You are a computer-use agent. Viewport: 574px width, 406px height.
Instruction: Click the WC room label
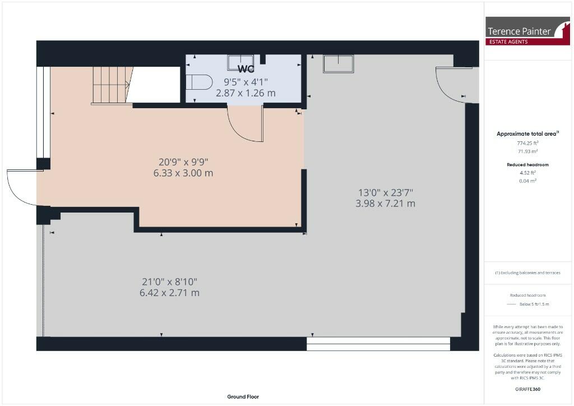(x=246, y=68)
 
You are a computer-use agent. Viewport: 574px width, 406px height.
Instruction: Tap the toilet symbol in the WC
(x=199, y=82)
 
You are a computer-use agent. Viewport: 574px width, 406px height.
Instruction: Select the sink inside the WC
(x=240, y=63)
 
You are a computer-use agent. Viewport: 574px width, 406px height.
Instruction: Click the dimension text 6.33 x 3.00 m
(x=183, y=173)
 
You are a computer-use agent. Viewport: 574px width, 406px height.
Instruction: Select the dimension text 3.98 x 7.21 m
(x=386, y=203)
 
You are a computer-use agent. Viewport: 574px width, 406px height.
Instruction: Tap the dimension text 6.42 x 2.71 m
(x=169, y=293)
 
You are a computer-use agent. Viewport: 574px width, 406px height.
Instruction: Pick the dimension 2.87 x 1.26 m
(x=246, y=93)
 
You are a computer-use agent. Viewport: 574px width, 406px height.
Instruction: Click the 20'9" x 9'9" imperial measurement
(x=183, y=162)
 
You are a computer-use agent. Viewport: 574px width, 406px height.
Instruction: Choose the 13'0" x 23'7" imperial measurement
(x=386, y=192)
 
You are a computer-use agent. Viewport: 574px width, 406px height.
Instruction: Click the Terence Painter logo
(x=527, y=31)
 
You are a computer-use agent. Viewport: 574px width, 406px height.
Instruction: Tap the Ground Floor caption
(x=243, y=396)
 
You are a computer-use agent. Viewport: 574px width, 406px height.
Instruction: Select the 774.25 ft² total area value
(x=527, y=143)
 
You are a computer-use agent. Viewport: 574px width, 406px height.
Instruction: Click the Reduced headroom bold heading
(x=527, y=165)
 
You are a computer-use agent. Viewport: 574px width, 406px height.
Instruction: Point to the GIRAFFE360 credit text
(x=527, y=389)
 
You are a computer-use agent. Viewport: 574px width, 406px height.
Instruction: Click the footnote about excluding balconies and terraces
(x=527, y=273)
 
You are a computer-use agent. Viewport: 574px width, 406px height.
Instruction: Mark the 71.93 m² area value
(x=527, y=151)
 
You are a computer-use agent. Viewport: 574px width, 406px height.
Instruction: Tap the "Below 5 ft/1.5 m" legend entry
(x=534, y=304)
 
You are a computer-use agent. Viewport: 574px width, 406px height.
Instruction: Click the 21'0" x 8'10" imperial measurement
(x=169, y=282)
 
